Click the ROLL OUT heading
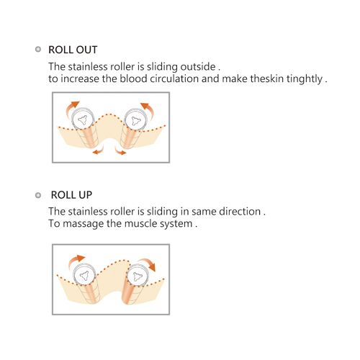(73, 50)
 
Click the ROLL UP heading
(71, 195)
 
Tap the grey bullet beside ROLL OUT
(38, 49)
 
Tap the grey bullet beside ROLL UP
(38, 195)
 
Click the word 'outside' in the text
(198, 67)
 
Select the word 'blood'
(133, 78)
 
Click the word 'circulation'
(174, 78)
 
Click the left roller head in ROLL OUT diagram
(83, 119)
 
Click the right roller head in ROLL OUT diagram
(135, 120)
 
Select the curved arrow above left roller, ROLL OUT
(70, 107)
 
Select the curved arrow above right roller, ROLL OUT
(150, 109)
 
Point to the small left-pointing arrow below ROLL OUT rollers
(99, 151)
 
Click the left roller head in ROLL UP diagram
(84, 275)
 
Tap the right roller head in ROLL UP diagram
(137, 276)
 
